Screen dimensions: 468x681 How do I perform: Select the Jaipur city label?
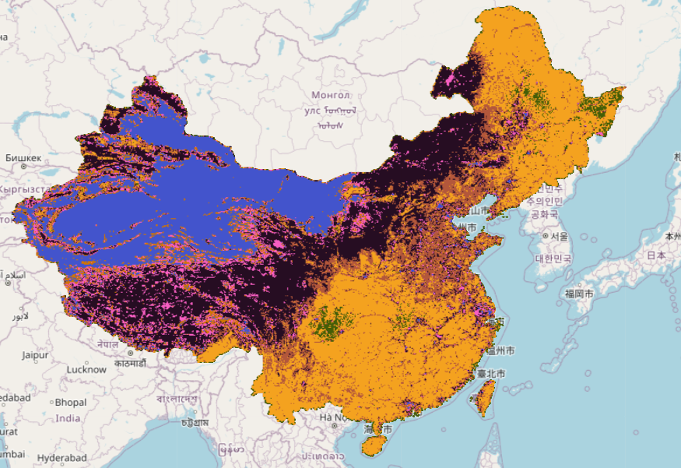36,355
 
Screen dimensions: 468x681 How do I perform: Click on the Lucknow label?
86,369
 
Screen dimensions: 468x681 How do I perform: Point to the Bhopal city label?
71,403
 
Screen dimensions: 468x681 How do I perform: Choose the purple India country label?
68,418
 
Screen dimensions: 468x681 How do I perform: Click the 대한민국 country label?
553,258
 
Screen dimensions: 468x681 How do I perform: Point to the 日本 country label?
655,255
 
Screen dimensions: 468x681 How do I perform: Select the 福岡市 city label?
580,294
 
